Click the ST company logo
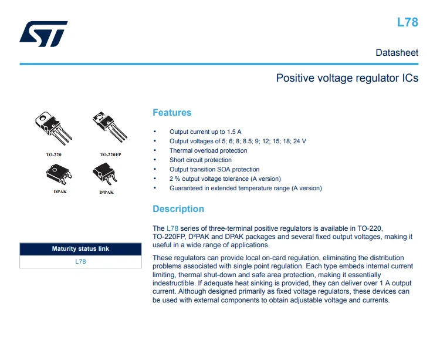(43, 33)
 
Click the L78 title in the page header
(408, 22)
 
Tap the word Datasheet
(397, 52)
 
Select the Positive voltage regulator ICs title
(347, 78)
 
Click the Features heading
(172, 113)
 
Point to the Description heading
(178, 209)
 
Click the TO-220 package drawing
(53, 128)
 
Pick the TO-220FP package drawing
(110, 127)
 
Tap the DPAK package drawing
(59, 174)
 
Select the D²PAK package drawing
(104, 174)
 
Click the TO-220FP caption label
(110, 154)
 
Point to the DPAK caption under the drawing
(60, 192)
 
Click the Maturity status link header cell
(80, 249)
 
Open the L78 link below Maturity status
(80, 262)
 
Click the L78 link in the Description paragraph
(172, 228)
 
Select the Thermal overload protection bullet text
(208, 150)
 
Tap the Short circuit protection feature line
(201, 160)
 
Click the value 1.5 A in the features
(234, 132)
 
